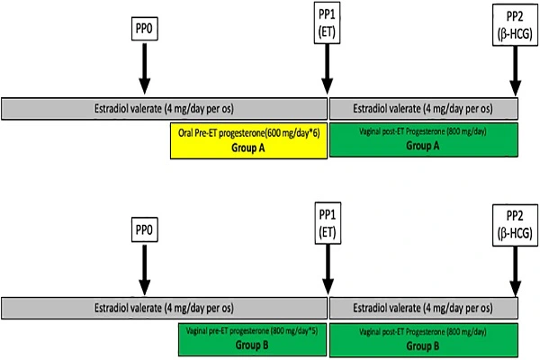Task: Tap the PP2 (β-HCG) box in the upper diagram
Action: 515,24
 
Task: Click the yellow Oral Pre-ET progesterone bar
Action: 247,140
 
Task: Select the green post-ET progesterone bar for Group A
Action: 425,140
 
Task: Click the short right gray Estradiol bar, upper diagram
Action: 425,108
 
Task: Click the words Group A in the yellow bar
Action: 247,148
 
